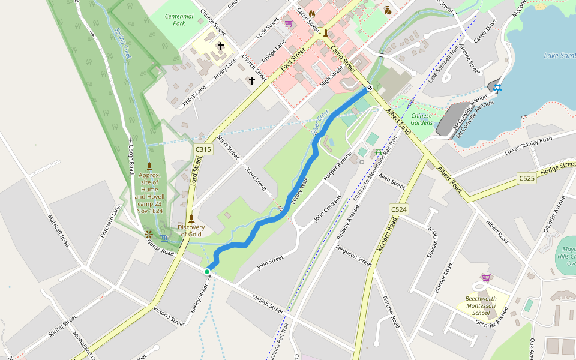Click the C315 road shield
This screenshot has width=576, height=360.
[203, 149]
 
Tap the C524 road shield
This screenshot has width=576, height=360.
[399, 209]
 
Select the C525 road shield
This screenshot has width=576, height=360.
[527, 178]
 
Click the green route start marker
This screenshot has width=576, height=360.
[207, 272]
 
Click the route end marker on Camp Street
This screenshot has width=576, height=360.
[370, 88]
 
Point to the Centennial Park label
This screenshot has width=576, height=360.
[179, 20]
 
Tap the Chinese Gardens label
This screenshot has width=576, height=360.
[422, 119]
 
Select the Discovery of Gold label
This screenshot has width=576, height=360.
[191, 230]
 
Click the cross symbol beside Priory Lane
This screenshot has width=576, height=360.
[220, 46]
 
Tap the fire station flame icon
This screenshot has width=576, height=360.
[312, 13]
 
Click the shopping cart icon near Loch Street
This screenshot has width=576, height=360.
[289, 23]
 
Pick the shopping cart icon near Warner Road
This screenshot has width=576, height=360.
[485, 278]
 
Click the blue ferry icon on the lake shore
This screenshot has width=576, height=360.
[497, 88]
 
